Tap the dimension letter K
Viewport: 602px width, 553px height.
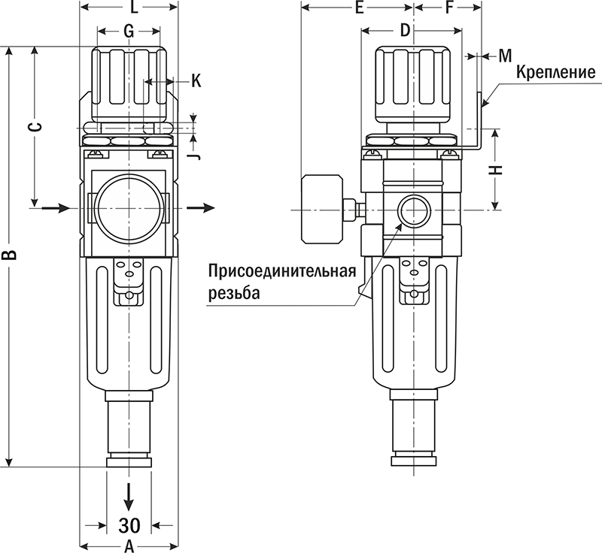pos(196,81)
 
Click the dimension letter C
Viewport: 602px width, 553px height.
pos(34,125)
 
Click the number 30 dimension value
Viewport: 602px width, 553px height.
pos(129,524)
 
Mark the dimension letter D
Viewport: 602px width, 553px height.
pos(404,31)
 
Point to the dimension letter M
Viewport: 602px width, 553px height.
pos(505,56)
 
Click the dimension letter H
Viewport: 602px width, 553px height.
pos(495,170)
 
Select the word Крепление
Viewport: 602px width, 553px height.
pos(556,73)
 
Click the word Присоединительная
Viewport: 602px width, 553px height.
pos(281,271)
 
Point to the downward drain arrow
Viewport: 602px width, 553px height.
pos(129,495)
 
